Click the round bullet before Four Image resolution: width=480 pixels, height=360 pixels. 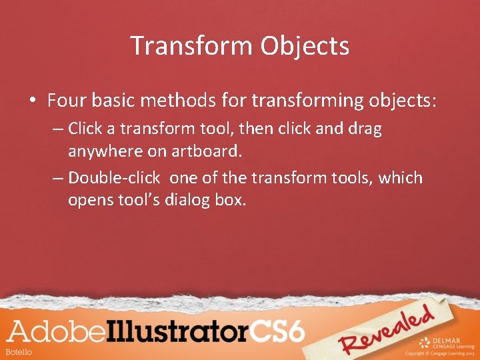click(32, 101)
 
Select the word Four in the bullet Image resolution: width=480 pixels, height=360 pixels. click(68, 101)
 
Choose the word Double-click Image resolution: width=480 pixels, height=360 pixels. click(114, 178)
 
